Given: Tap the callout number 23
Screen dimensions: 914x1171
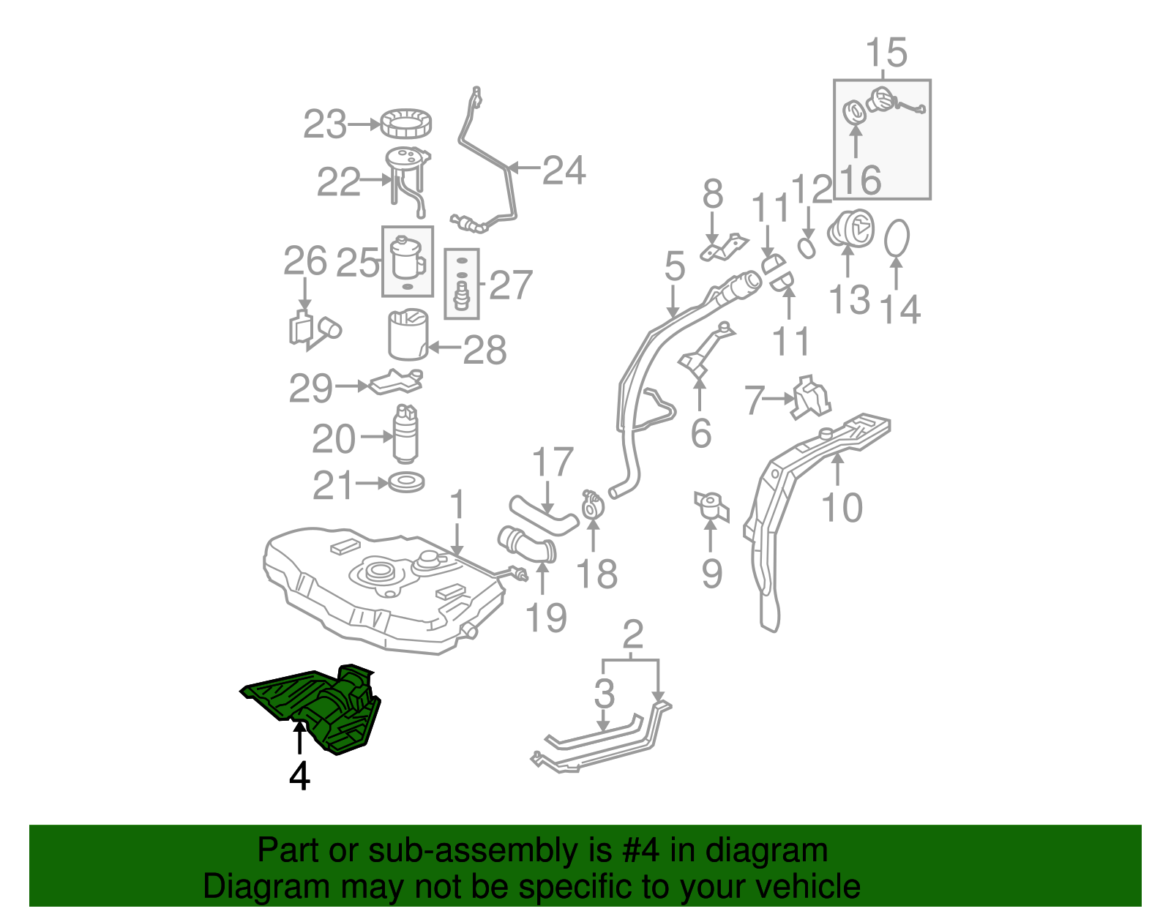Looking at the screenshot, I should tap(325, 125).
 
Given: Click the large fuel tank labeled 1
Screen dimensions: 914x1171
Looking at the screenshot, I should tap(381, 593).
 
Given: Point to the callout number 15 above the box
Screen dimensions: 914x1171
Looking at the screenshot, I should tap(886, 53).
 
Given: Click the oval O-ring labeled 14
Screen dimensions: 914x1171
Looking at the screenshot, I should tap(897, 239).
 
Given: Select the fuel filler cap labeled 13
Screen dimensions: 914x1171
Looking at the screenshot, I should tap(851, 228).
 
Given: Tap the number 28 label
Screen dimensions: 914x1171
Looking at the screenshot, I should tap(485, 351).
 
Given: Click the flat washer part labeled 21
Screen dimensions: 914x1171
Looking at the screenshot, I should tap(406, 483).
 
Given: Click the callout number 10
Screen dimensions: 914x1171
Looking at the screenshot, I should tap(842, 508).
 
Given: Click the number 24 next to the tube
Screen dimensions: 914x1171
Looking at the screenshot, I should tap(564, 171).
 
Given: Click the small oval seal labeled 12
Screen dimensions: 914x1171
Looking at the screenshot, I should tap(806, 247).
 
